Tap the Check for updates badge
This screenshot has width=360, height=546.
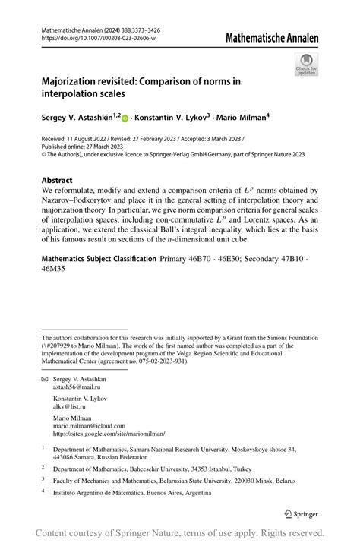[x=307, y=64]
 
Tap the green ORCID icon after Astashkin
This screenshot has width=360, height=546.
[x=125, y=118]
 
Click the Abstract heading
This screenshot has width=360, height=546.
[x=58, y=181]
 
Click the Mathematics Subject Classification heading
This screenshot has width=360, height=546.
[x=99, y=260]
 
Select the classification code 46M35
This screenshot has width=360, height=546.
[x=54, y=269]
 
